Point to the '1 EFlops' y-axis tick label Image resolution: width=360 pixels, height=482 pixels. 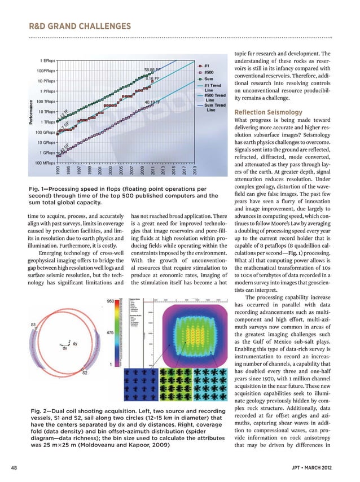[47, 60]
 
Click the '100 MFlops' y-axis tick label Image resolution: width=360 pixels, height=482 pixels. [45, 164]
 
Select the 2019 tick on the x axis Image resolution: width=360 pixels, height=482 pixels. [195, 170]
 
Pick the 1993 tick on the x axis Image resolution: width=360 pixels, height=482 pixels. [58, 170]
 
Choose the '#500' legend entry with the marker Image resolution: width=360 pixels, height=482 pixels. [205, 72]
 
